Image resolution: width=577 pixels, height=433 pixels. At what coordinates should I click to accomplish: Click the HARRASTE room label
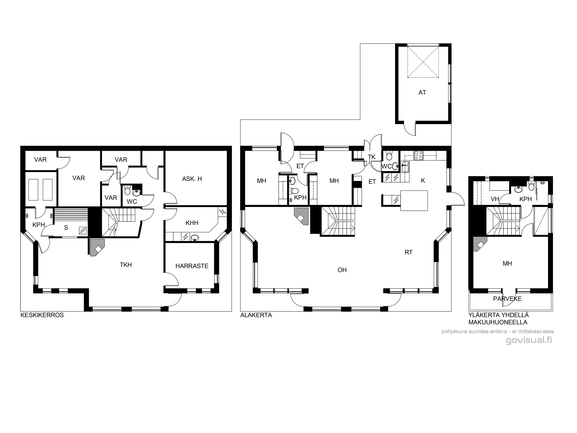[192, 266]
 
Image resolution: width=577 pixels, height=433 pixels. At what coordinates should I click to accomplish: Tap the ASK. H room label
[192, 179]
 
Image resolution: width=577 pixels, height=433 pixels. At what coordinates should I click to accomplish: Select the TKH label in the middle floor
[126, 265]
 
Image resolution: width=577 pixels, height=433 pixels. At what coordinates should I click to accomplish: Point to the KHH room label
[192, 223]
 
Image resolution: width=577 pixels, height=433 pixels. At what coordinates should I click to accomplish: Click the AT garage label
[422, 92]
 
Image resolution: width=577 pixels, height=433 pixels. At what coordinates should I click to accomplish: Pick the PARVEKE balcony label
[507, 299]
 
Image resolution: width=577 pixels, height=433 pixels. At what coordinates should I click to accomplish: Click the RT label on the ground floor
[409, 252]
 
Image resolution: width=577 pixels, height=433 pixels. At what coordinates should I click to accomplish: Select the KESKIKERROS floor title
[42, 315]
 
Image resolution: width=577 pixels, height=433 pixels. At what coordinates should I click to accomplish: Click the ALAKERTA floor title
[256, 315]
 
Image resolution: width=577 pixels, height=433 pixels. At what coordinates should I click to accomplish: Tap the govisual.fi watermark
[529, 340]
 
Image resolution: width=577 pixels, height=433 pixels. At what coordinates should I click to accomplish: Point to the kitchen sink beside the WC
[405, 167]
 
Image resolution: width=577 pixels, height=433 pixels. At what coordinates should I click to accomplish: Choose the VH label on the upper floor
[495, 199]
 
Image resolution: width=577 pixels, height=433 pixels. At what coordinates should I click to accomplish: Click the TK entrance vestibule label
[371, 157]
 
